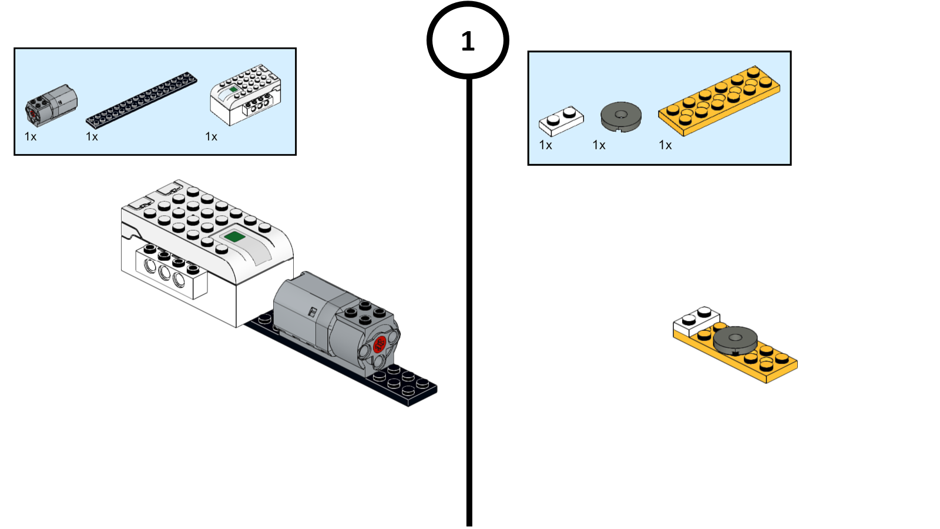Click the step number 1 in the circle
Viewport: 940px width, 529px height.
pos(468,41)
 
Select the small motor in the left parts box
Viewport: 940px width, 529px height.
pos(51,105)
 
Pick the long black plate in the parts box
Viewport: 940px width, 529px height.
pos(142,99)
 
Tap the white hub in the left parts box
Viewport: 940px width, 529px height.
pos(246,95)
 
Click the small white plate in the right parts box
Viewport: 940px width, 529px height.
pos(561,120)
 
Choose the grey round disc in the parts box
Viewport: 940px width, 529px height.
pos(620,116)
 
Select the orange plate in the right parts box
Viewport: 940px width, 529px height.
pos(719,101)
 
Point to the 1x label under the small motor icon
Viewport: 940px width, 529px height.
pos(31,137)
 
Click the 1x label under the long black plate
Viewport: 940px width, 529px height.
pos(92,137)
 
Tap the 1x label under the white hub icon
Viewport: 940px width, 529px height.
pos(211,137)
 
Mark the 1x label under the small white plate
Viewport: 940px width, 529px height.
pos(546,145)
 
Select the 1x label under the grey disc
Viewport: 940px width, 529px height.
pos(599,145)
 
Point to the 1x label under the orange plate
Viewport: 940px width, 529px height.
pos(666,145)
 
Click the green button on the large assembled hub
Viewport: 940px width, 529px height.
pos(235,237)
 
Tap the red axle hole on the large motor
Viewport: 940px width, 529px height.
pos(379,343)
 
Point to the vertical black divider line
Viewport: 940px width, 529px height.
pos(469,294)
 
